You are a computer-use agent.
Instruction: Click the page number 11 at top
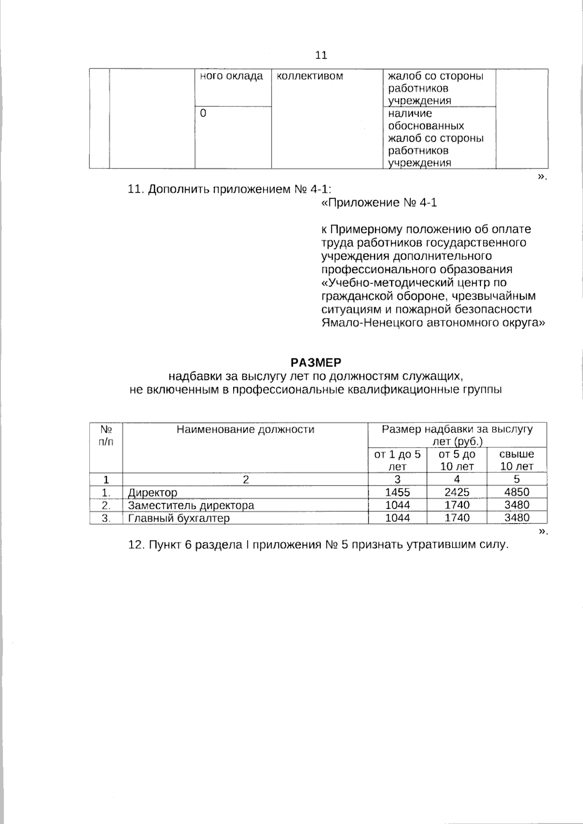point(322,55)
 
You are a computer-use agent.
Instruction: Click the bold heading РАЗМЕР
point(316,363)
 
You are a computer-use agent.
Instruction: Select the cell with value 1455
point(397,492)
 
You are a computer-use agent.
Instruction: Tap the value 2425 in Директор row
point(457,492)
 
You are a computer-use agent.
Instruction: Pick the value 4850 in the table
point(516,492)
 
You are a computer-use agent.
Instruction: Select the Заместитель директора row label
point(190,505)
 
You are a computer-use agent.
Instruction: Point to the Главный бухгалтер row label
point(178,518)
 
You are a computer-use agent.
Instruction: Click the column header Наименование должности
point(245,430)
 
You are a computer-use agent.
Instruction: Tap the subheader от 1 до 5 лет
point(397,460)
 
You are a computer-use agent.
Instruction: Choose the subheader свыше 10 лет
point(516,460)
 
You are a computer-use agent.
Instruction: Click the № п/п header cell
point(106,436)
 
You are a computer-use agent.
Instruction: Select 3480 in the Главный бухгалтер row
point(516,518)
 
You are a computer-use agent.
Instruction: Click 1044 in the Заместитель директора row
point(397,505)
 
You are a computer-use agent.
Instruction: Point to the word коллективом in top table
point(309,76)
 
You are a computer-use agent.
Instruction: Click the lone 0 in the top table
point(203,113)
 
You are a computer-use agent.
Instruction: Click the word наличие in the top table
point(410,114)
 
